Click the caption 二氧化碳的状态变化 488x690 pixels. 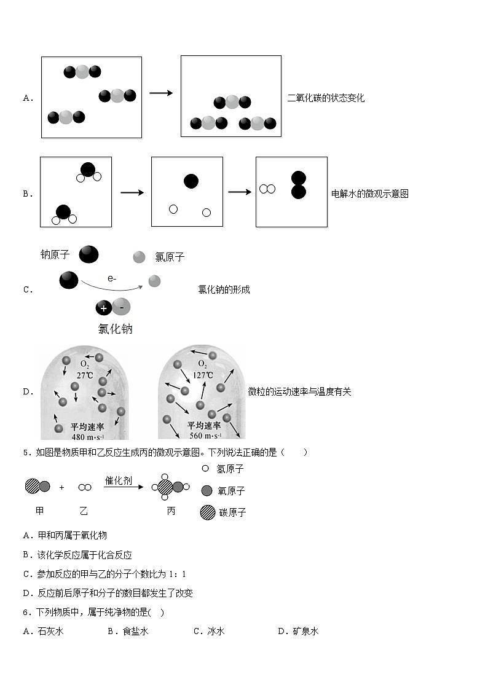(x=326, y=98)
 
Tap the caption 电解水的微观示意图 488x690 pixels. (x=369, y=194)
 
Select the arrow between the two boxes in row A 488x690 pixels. (x=161, y=93)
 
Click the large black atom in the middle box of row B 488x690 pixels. (x=191, y=181)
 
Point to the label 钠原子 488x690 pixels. (x=55, y=254)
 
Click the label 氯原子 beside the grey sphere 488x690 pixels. (x=170, y=257)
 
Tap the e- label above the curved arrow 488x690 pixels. (x=112, y=278)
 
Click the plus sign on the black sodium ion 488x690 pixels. (x=103, y=307)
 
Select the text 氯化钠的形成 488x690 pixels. (x=224, y=289)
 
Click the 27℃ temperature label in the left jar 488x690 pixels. (x=84, y=375)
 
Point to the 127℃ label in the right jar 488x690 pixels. (x=202, y=375)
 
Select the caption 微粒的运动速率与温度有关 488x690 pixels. (x=299, y=391)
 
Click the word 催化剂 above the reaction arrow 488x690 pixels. (x=118, y=480)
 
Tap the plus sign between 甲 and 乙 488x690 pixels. (x=61, y=487)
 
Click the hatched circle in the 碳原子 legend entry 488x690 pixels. (x=208, y=512)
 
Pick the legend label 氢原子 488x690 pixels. (x=230, y=469)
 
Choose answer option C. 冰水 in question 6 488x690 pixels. (x=209, y=631)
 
